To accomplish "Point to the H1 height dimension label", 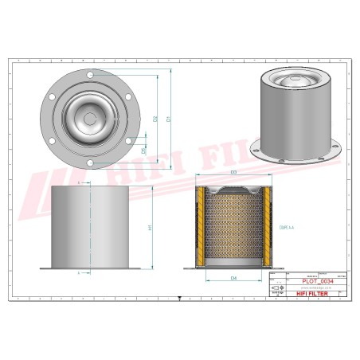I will [x=149, y=227].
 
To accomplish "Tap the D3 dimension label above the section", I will [x=233, y=172].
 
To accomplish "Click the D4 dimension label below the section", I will [x=233, y=278].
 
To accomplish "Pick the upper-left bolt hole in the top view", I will [x=53, y=99].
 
